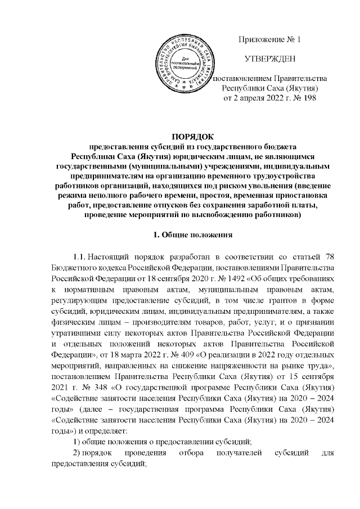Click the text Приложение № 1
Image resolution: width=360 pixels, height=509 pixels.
tap(271, 40)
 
